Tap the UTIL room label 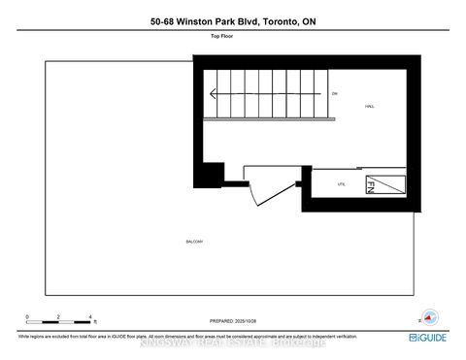[x=342, y=181]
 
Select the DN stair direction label [x=333, y=93]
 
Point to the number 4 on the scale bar [x=89, y=316]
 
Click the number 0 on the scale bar [x=28, y=316]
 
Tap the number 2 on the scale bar [x=59, y=316]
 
